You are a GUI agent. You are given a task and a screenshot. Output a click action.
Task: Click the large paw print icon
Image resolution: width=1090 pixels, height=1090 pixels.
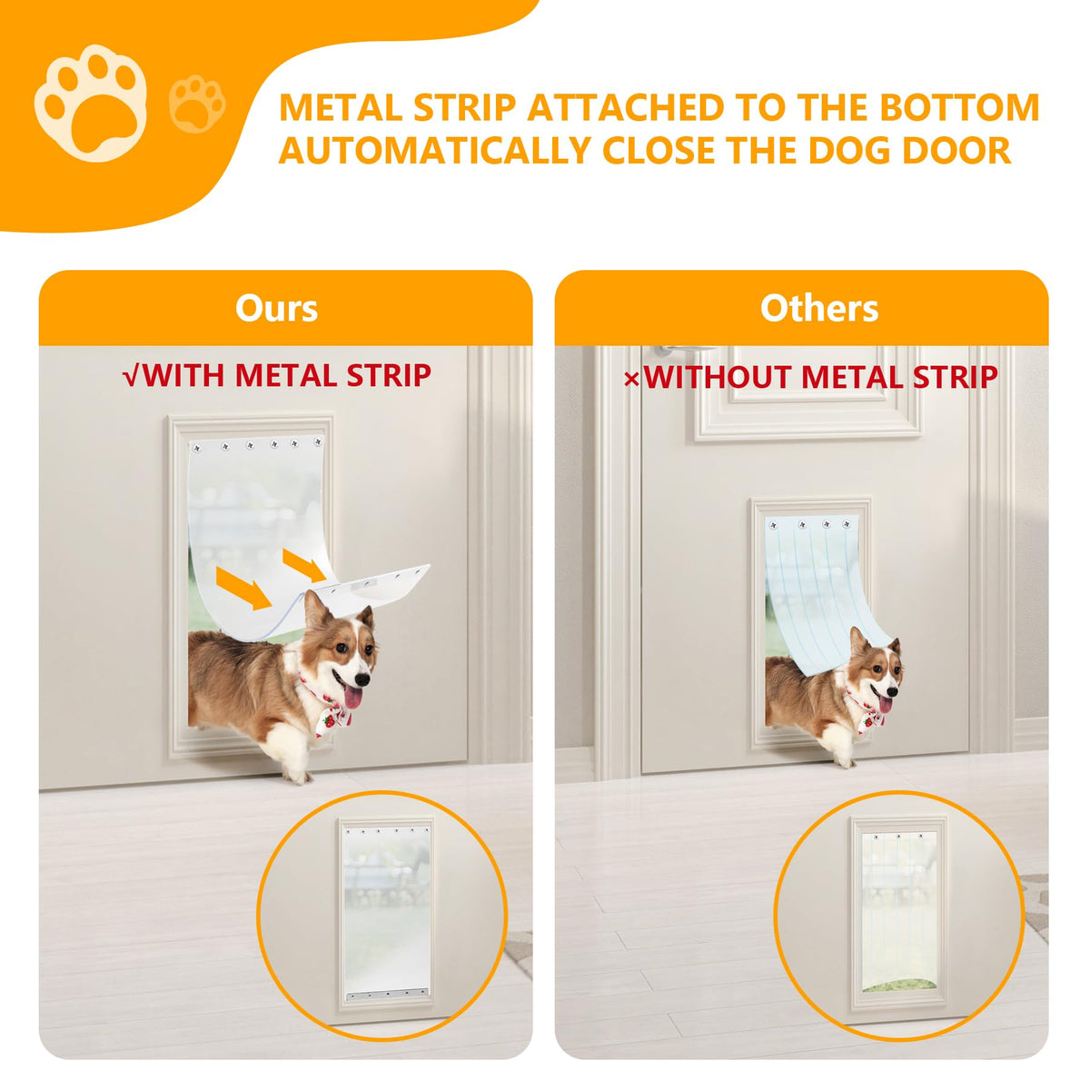pos(91,103)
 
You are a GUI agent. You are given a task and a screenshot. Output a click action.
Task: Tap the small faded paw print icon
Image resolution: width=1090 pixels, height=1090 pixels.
pos(197,104)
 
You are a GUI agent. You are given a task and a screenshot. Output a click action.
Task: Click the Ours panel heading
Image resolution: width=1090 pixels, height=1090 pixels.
pos(277,309)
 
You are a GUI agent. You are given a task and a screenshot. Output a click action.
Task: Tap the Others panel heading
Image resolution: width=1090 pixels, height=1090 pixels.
pos(819,309)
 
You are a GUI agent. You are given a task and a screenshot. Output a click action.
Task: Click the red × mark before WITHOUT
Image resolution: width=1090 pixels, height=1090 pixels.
pos(631,380)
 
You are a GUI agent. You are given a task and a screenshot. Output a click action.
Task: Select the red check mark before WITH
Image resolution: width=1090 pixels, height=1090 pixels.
pos(131,377)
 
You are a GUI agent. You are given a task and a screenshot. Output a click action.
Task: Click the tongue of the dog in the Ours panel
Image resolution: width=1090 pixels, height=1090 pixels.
pos(353,698)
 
